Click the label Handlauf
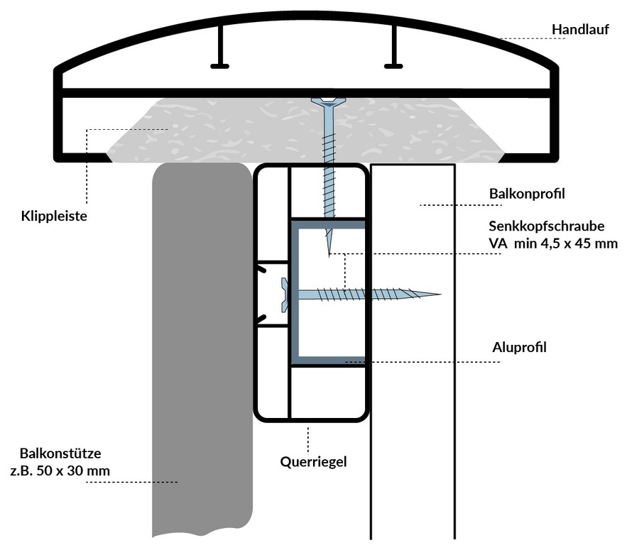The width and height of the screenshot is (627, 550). (x=579, y=29)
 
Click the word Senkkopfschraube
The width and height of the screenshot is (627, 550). (x=546, y=227)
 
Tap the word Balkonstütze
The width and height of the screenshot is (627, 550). (x=64, y=453)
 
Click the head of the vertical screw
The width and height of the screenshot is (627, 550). (x=329, y=101)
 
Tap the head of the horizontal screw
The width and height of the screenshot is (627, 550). (x=286, y=294)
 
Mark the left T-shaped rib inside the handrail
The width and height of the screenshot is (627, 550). (x=220, y=50)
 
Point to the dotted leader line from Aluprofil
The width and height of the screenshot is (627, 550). (x=426, y=361)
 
